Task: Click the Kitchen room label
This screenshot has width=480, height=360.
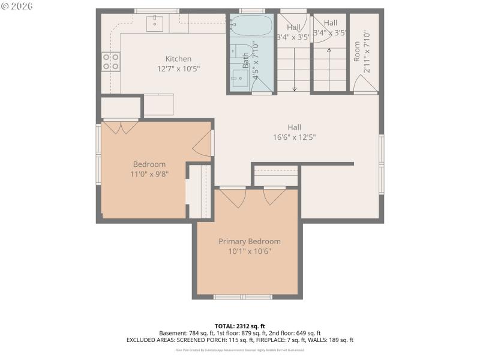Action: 178,59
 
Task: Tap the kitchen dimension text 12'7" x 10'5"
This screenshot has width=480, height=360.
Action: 178,69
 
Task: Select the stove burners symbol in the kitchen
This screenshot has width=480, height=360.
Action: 110,61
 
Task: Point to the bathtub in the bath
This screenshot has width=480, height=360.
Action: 251,26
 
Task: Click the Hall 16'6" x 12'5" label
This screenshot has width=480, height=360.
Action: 294,132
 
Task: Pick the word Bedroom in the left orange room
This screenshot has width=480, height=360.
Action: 149,164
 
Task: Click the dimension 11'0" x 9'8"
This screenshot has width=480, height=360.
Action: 149,175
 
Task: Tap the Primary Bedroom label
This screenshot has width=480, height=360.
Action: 249,241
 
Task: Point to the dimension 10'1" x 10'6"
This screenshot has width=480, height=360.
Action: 249,251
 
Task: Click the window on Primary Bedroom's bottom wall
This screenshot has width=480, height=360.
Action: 243,296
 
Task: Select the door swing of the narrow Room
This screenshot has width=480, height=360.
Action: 362,88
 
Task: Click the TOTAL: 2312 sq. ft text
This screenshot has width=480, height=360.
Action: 239,326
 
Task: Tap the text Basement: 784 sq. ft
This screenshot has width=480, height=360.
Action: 185,333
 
